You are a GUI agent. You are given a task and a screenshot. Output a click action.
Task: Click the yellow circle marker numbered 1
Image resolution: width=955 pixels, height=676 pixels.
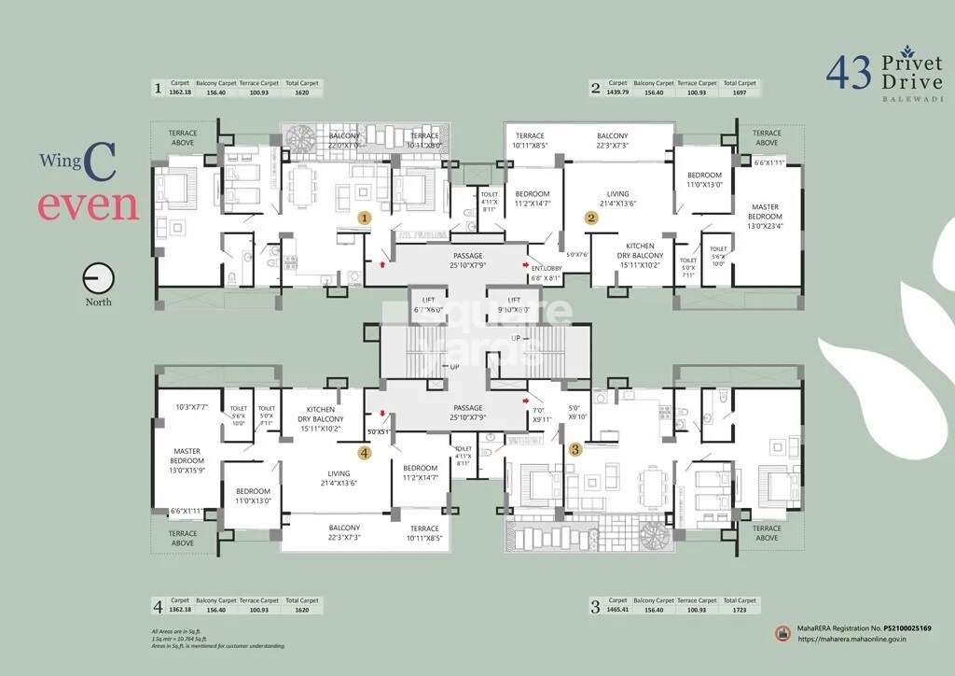[366, 217]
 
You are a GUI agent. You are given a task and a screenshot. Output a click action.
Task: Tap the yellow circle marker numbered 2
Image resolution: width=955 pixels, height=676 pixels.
[590, 218]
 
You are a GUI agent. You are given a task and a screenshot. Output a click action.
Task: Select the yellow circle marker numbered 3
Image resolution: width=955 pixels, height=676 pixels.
[575, 449]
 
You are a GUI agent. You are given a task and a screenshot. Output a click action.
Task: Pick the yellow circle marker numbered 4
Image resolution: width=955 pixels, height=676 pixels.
[365, 453]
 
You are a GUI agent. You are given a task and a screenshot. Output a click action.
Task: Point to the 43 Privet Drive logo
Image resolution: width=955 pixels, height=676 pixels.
[885, 74]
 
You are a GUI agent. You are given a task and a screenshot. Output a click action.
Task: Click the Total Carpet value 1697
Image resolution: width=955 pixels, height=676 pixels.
[740, 92]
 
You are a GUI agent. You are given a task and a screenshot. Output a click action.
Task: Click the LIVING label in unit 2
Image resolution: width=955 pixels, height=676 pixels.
[617, 199]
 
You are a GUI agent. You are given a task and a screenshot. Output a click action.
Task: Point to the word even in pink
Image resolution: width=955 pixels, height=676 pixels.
[88, 205]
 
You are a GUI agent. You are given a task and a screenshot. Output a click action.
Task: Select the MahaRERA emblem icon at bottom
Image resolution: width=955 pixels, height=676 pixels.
[782, 633]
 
